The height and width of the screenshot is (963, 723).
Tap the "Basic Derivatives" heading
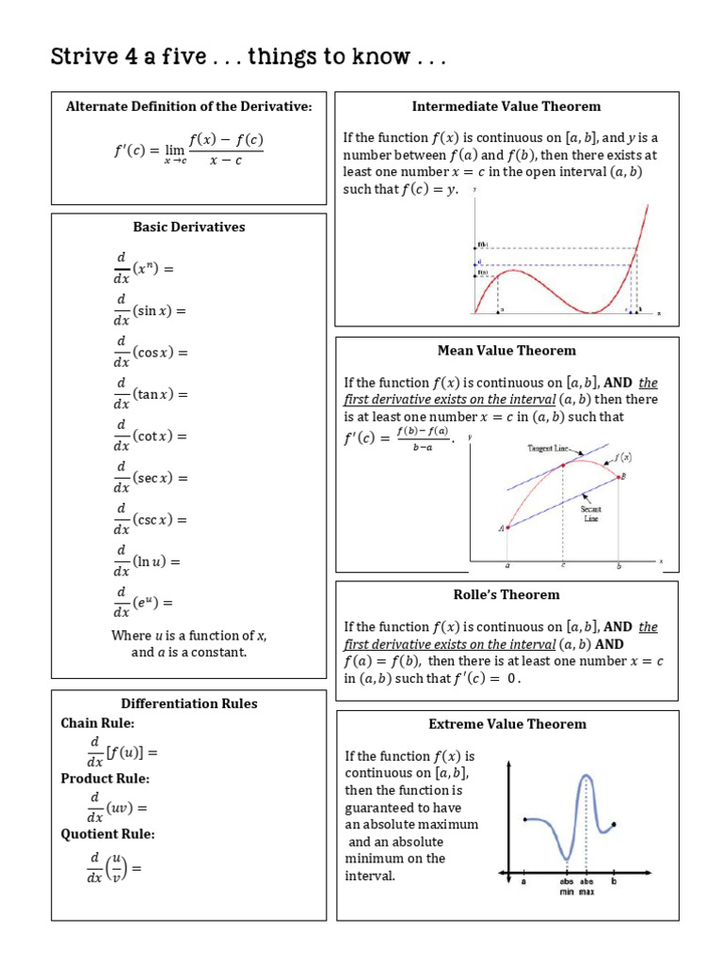click(188, 227)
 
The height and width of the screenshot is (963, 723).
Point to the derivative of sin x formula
click(151, 310)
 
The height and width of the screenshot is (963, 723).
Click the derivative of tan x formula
click(151, 394)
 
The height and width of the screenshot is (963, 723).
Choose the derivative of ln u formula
click(147, 561)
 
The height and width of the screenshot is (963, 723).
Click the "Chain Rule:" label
click(98, 723)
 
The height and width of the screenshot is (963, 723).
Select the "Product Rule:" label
click(105, 779)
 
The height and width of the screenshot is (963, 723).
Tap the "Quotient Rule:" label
click(108, 833)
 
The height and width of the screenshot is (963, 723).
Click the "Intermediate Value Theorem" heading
click(506, 106)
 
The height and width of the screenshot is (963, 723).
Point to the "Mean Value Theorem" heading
click(506, 351)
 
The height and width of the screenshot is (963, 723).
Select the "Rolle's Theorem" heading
click(506, 594)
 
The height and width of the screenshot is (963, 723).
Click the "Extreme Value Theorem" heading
click(506, 724)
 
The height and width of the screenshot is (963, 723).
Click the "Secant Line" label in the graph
click(590, 513)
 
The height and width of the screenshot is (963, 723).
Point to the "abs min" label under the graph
click(567, 887)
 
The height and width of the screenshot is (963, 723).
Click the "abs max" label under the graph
click(587, 887)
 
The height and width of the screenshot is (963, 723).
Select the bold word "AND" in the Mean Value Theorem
click(618, 383)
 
